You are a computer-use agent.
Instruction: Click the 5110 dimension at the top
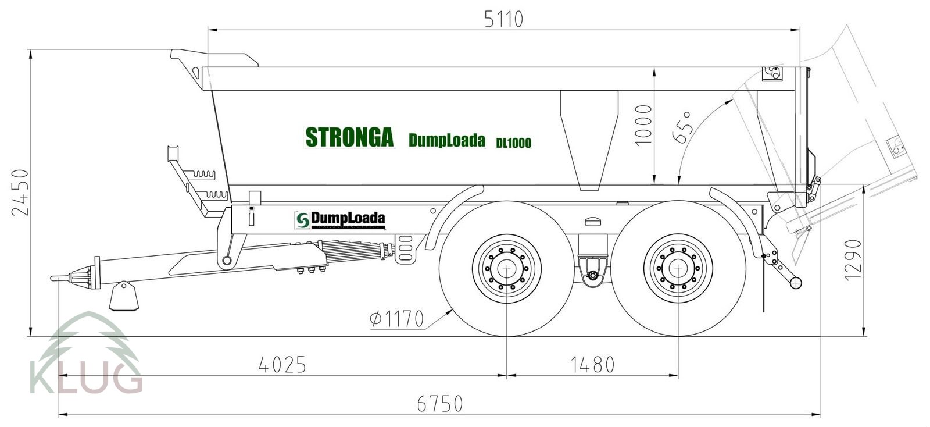[503, 19]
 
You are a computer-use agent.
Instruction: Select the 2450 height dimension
[20, 193]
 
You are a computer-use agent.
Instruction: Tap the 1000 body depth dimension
[644, 125]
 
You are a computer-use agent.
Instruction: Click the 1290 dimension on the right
[852, 259]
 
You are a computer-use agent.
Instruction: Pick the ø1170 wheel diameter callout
[397, 319]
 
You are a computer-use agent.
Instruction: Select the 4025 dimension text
[282, 365]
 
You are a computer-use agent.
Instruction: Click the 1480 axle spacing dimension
[592, 365]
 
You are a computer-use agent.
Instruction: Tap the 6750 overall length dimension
[440, 403]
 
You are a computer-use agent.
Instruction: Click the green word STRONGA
[349, 137]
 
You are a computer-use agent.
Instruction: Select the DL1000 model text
[513, 143]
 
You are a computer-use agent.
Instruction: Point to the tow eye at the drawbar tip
[55, 278]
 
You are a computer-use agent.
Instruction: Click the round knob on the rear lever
[795, 282]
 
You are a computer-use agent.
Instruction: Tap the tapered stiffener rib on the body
[589, 140]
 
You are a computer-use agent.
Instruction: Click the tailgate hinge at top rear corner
[773, 73]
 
